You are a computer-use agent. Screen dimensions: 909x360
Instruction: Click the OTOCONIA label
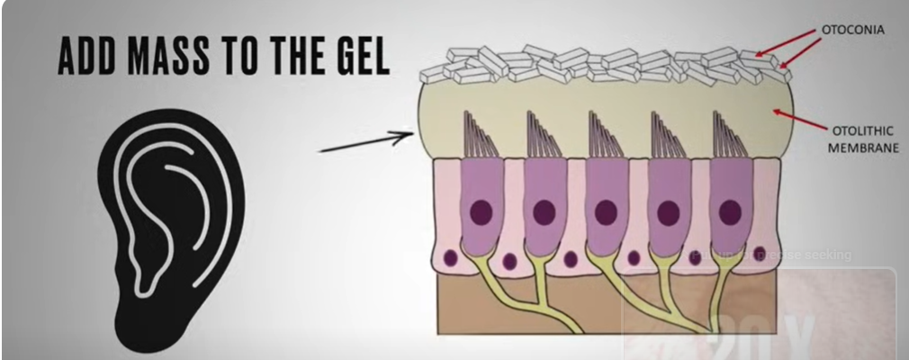click(851, 30)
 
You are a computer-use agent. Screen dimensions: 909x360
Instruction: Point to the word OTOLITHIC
click(856, 129)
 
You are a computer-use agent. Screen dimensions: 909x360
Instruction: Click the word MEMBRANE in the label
click(863, 146)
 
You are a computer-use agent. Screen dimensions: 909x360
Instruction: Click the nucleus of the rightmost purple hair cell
click(730, 212)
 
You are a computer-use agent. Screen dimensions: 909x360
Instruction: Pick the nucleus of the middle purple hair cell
click(605, 212)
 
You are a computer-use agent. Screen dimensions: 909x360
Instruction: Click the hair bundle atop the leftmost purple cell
click(476, 135)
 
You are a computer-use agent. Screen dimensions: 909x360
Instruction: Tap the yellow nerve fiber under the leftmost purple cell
click(486, 279)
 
